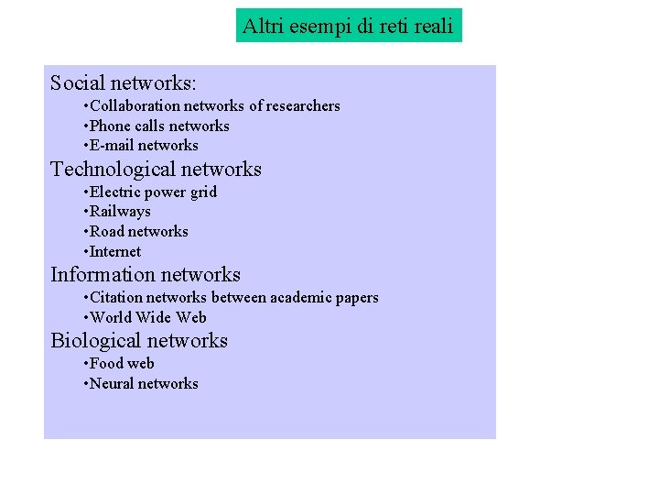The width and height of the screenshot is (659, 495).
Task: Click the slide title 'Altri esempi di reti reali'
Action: pos(349,27)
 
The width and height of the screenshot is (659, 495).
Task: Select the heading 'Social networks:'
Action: pos(124,83)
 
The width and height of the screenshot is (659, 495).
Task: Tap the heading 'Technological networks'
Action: pos(156,170)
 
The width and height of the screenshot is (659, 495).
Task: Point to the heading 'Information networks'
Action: pos(146,275)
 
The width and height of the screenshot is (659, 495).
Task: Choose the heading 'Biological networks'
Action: pos(139,341)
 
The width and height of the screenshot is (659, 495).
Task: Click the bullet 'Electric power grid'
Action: pos(153,192)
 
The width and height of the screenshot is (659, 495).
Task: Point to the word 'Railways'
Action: pos(120,212)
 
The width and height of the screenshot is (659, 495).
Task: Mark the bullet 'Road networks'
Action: pos(138,232)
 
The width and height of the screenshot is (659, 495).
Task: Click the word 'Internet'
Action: pos(115,252)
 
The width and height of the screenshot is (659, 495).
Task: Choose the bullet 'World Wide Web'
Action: pos(147,318)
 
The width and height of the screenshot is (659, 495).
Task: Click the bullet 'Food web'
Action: pos(122,364)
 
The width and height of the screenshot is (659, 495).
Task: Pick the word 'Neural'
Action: pos(111,384)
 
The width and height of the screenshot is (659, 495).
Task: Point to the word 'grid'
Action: pos(203,192)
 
